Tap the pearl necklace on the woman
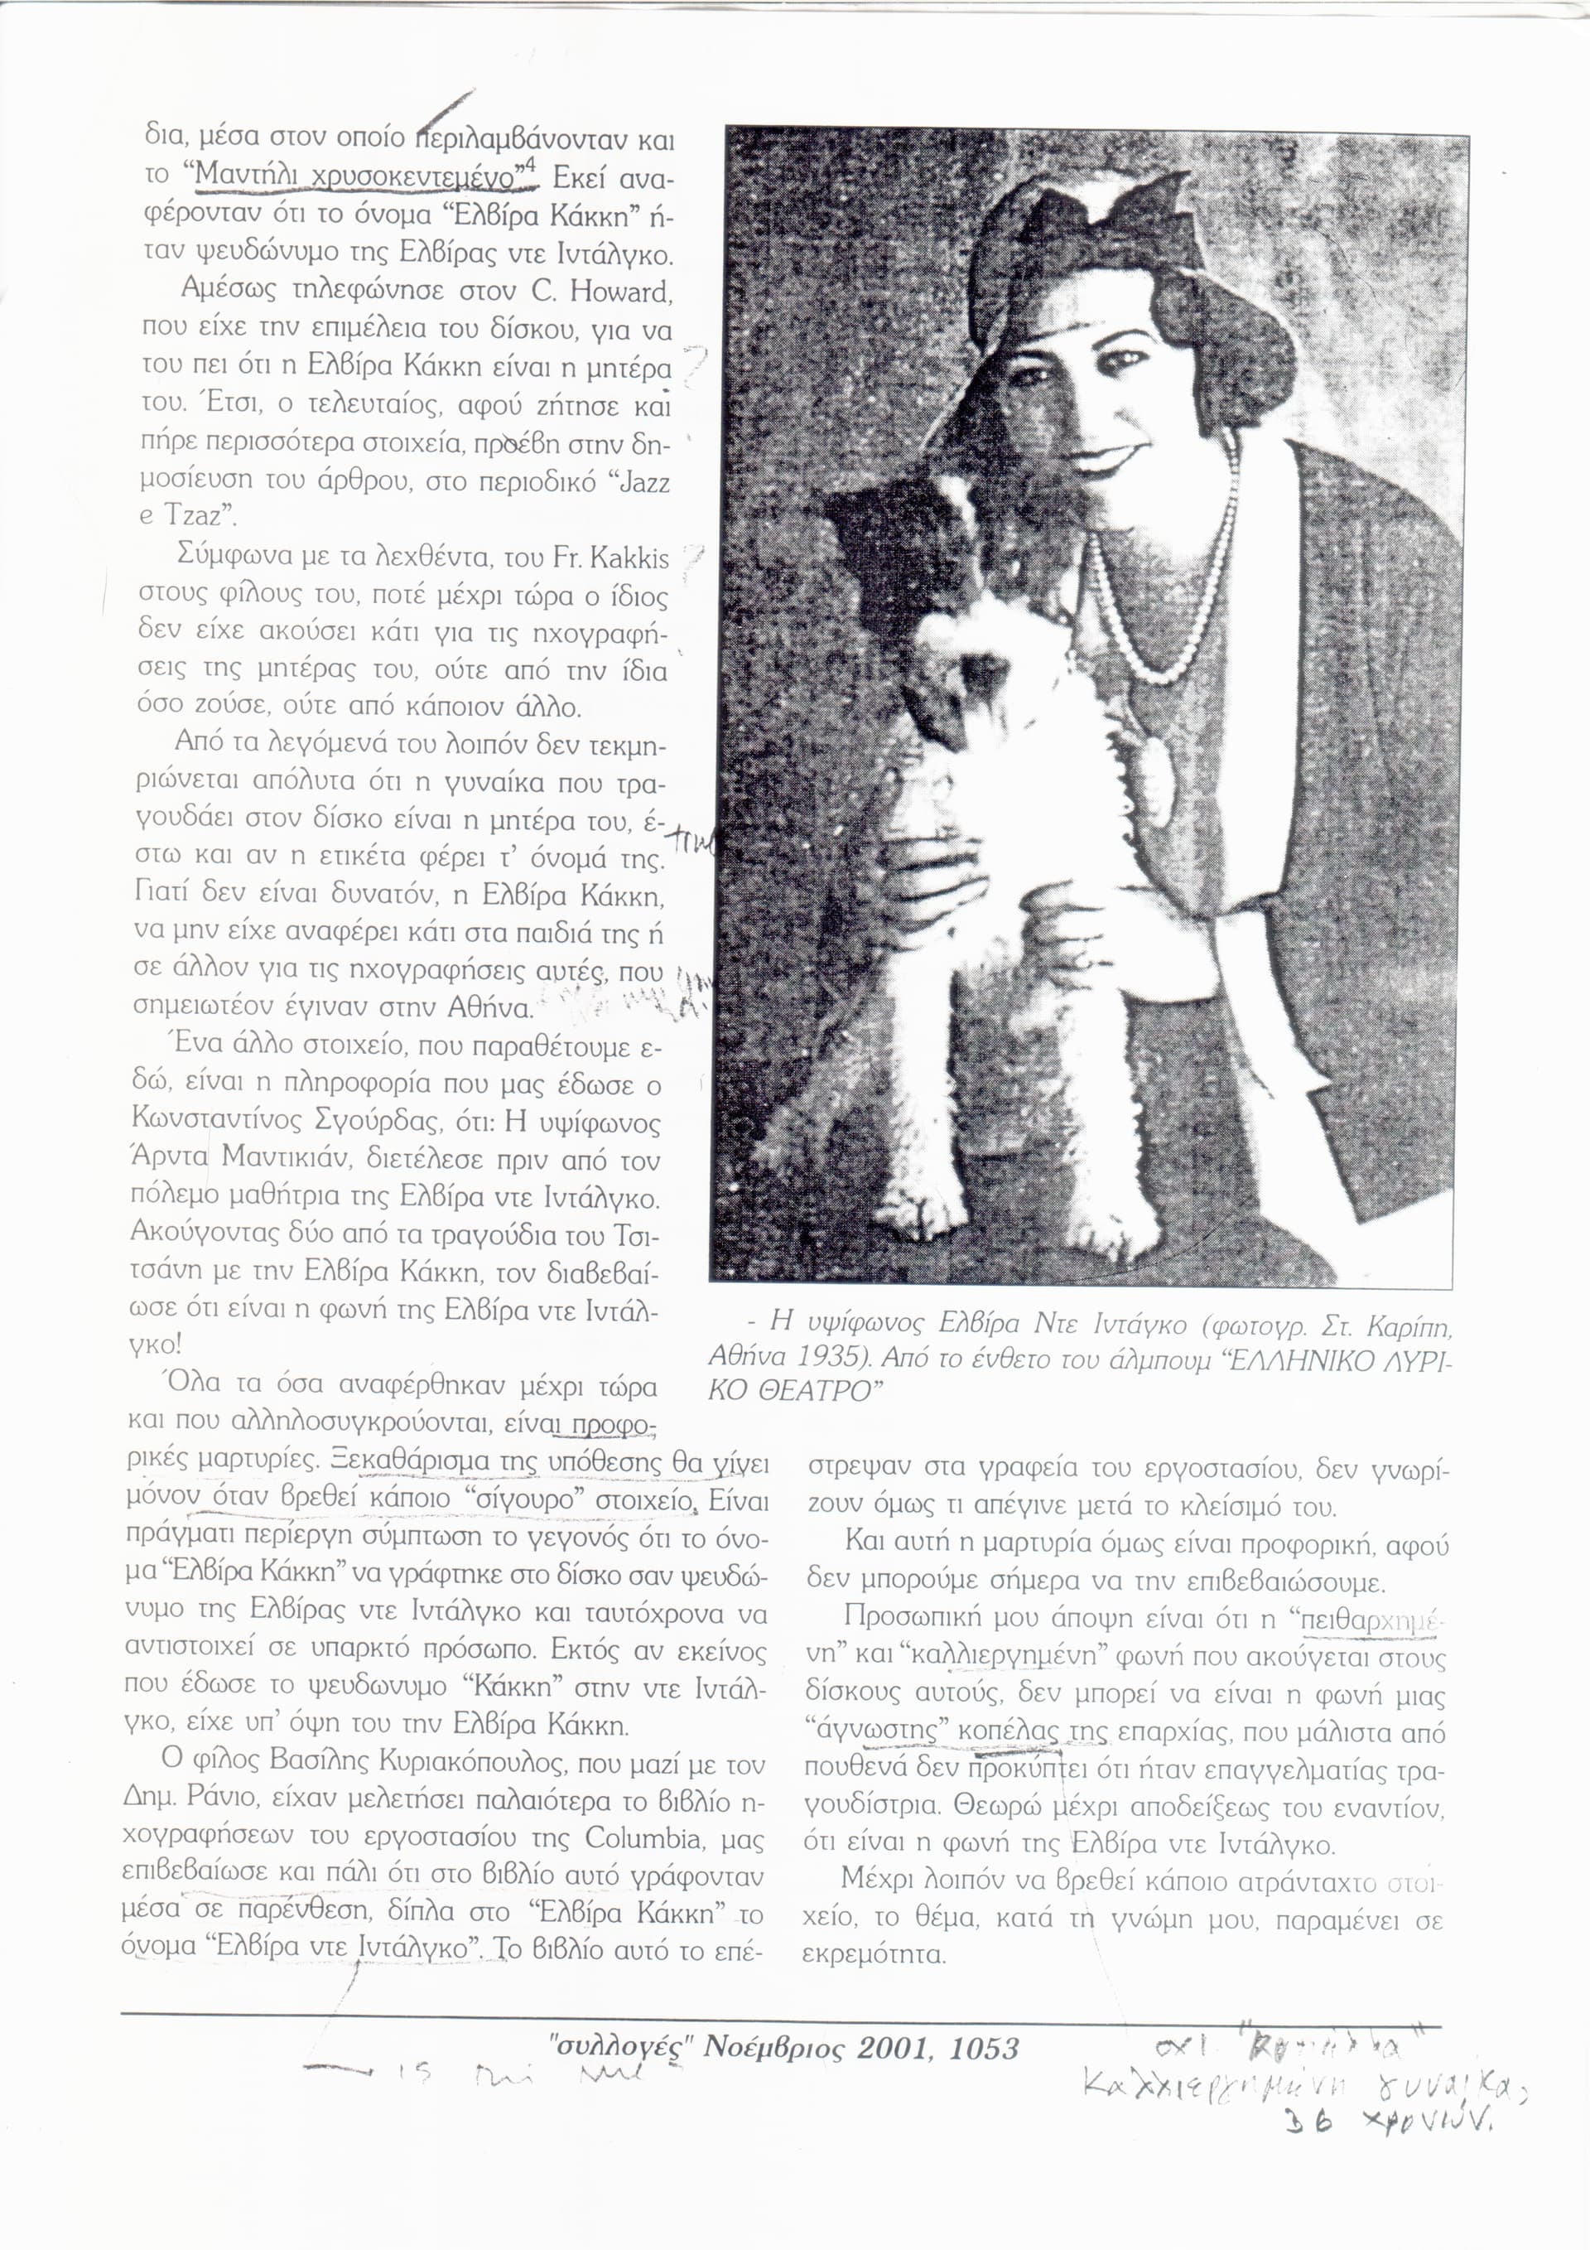(1166, 627)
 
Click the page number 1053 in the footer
(984, 2047)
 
